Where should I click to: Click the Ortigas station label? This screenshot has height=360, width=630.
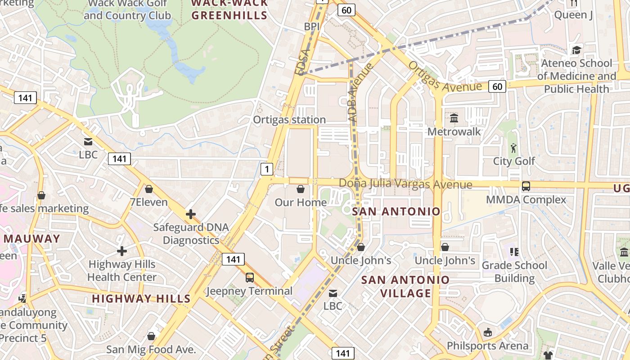tap(289, 120)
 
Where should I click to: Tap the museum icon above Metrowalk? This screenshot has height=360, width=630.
tap(454, 118)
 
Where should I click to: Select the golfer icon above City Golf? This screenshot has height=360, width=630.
tap(513, 148)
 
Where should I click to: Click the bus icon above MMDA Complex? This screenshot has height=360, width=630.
tap(526, 186)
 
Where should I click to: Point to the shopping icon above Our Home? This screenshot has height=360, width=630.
tap(301, 189)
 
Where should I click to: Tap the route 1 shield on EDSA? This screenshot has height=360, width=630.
tap(267, 169)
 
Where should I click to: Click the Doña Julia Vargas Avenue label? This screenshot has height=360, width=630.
tap(405, 184)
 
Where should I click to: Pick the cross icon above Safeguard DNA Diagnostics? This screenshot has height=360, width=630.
tap(191, 214)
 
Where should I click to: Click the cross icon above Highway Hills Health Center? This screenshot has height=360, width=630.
tap(122, 251)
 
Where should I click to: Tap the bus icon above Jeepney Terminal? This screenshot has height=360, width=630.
tap(249, 278)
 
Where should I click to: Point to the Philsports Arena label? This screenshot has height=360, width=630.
tap(487, 346)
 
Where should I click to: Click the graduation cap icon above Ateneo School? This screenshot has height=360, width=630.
tap(576, 49)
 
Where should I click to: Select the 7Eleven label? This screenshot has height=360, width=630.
tap(148, 202)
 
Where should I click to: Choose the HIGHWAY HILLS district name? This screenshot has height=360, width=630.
tap(141, 298)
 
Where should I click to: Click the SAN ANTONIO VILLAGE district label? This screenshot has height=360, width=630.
tap(405, 286)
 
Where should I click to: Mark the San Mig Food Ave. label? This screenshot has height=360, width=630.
tap(151, 349)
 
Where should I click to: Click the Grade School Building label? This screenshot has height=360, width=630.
tap(514, 272)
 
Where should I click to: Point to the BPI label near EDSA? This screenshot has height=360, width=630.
tap(311, 27)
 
